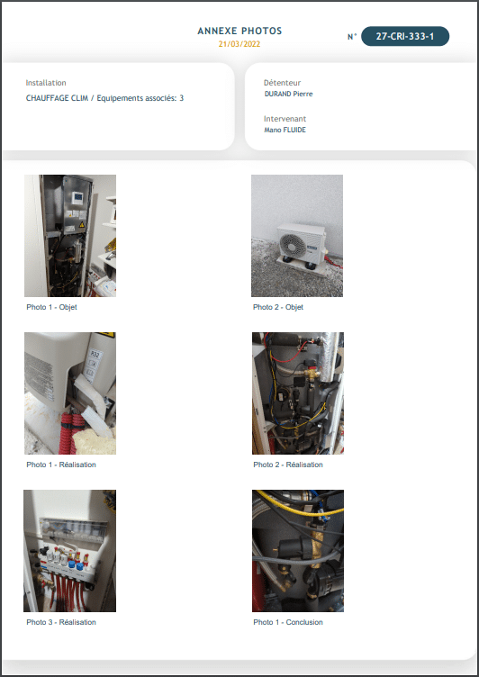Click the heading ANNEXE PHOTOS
239,31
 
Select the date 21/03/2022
239,43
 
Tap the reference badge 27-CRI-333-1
404,37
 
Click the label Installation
46,83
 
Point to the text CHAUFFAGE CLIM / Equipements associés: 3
105,97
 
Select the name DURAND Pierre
288,94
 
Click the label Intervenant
285,119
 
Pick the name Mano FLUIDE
285,130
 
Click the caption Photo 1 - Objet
51,307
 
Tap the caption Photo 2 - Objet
278,307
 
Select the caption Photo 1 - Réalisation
60,465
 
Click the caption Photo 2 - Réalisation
287,465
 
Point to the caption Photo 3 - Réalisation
60,622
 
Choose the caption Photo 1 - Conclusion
287,622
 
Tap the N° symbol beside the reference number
351,37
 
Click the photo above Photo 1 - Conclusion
297,551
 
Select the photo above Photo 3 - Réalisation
70,551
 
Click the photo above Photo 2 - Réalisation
297,393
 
